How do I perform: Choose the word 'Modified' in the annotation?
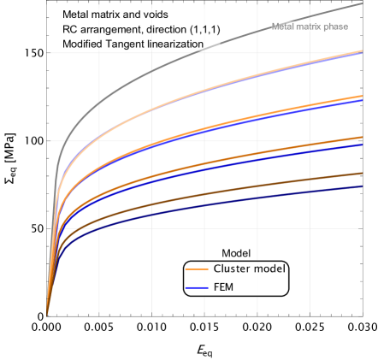point(83,44)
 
